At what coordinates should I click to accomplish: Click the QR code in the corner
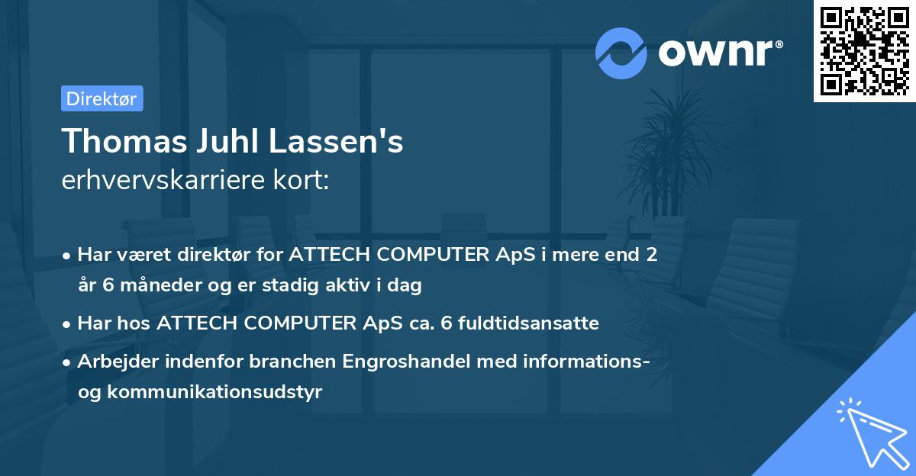click(865, 51)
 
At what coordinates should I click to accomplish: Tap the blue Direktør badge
click(102, 98)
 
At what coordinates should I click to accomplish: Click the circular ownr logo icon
click(621, 52)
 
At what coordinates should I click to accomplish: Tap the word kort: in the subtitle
click(305, 181)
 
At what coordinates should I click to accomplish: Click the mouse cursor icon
click(870, 431)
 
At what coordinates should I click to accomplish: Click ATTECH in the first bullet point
click(322, 256)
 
